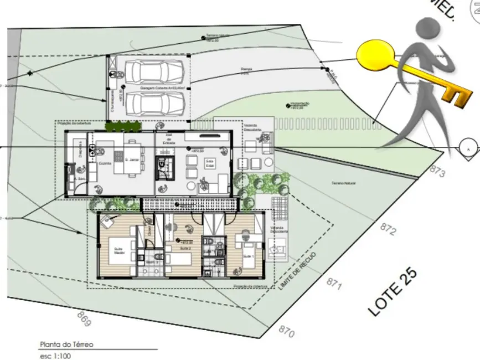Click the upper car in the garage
[154, 72]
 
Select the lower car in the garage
[154, 102]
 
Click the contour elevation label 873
[437, 172]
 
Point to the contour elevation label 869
[84, 320]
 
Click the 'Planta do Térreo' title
[66, 344]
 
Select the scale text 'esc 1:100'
[55, 356]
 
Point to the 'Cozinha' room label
[105, 163]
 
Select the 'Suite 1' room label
[249, 256]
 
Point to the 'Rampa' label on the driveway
[246, 69]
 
